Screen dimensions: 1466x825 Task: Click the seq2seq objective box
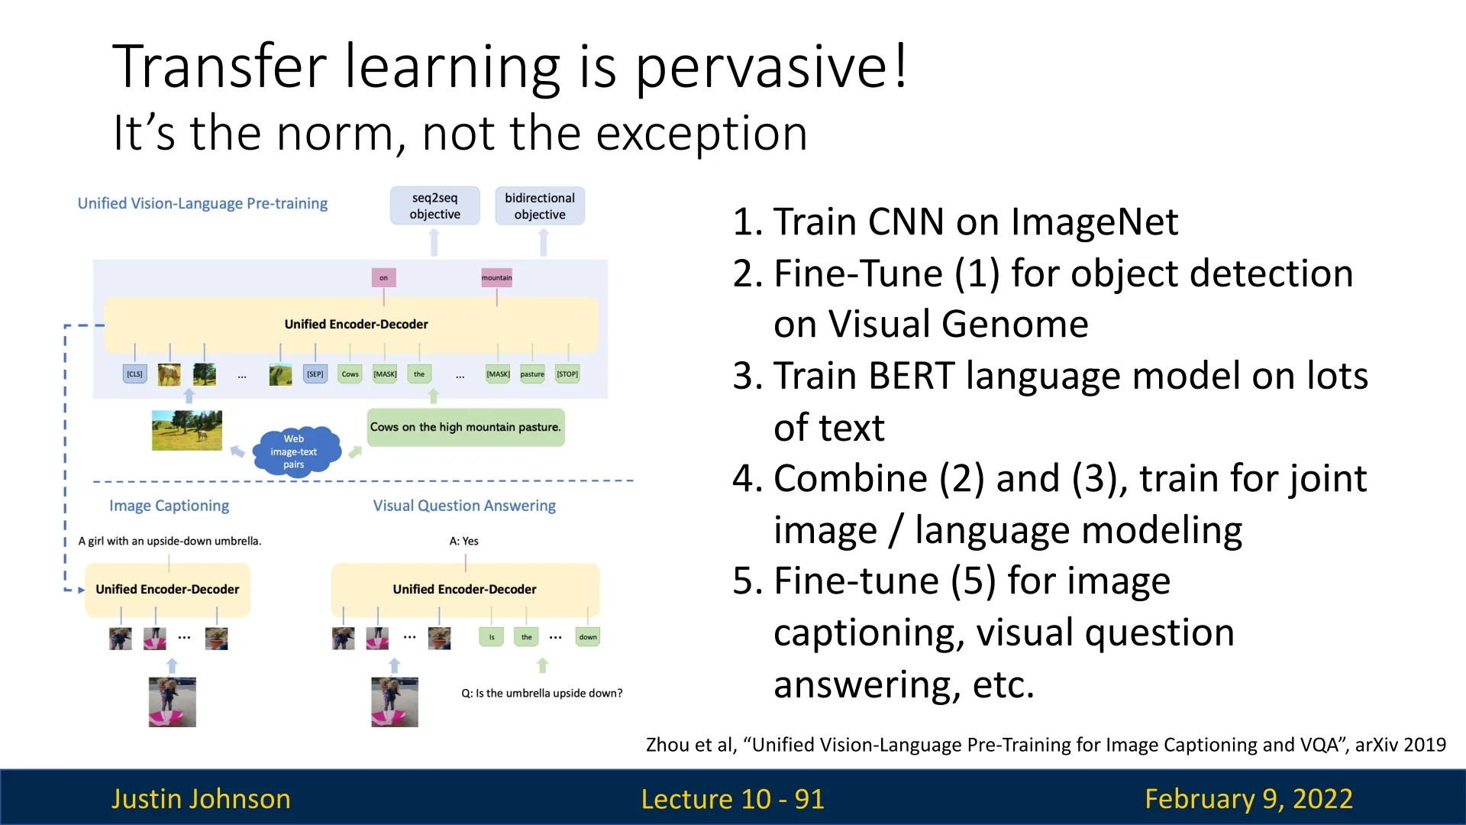[x=434, y=205]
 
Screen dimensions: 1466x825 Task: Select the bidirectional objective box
[x=540, y=205]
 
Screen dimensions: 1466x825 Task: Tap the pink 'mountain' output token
[x=496, y=277]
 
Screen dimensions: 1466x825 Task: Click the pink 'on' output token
[x=383, y=277]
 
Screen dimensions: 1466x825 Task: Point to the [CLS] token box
[x=134, y=374]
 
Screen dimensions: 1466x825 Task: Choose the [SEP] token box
[x=315, y=374]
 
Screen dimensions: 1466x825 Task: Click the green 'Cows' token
[x=350, y=374]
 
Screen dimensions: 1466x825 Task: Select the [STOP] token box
[x=567, y=374]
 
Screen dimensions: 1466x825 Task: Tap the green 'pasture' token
[x=532, y=374]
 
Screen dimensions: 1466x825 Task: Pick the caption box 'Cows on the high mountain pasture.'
[x=466, y=427]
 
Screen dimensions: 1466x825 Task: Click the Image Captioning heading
[x=169, y=506]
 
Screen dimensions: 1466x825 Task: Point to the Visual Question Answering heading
[x=464, y=506]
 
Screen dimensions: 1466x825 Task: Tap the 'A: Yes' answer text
[x=464, y=541]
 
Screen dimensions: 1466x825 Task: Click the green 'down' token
[x=588, y=636]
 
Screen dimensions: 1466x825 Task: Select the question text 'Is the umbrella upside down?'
[x=549, y=693]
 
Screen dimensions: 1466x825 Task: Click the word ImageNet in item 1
[x=1094, y=222]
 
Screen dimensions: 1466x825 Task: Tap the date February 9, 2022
[x=1248, y=798]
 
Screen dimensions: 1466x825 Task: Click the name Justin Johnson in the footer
[x=201, y=798]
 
